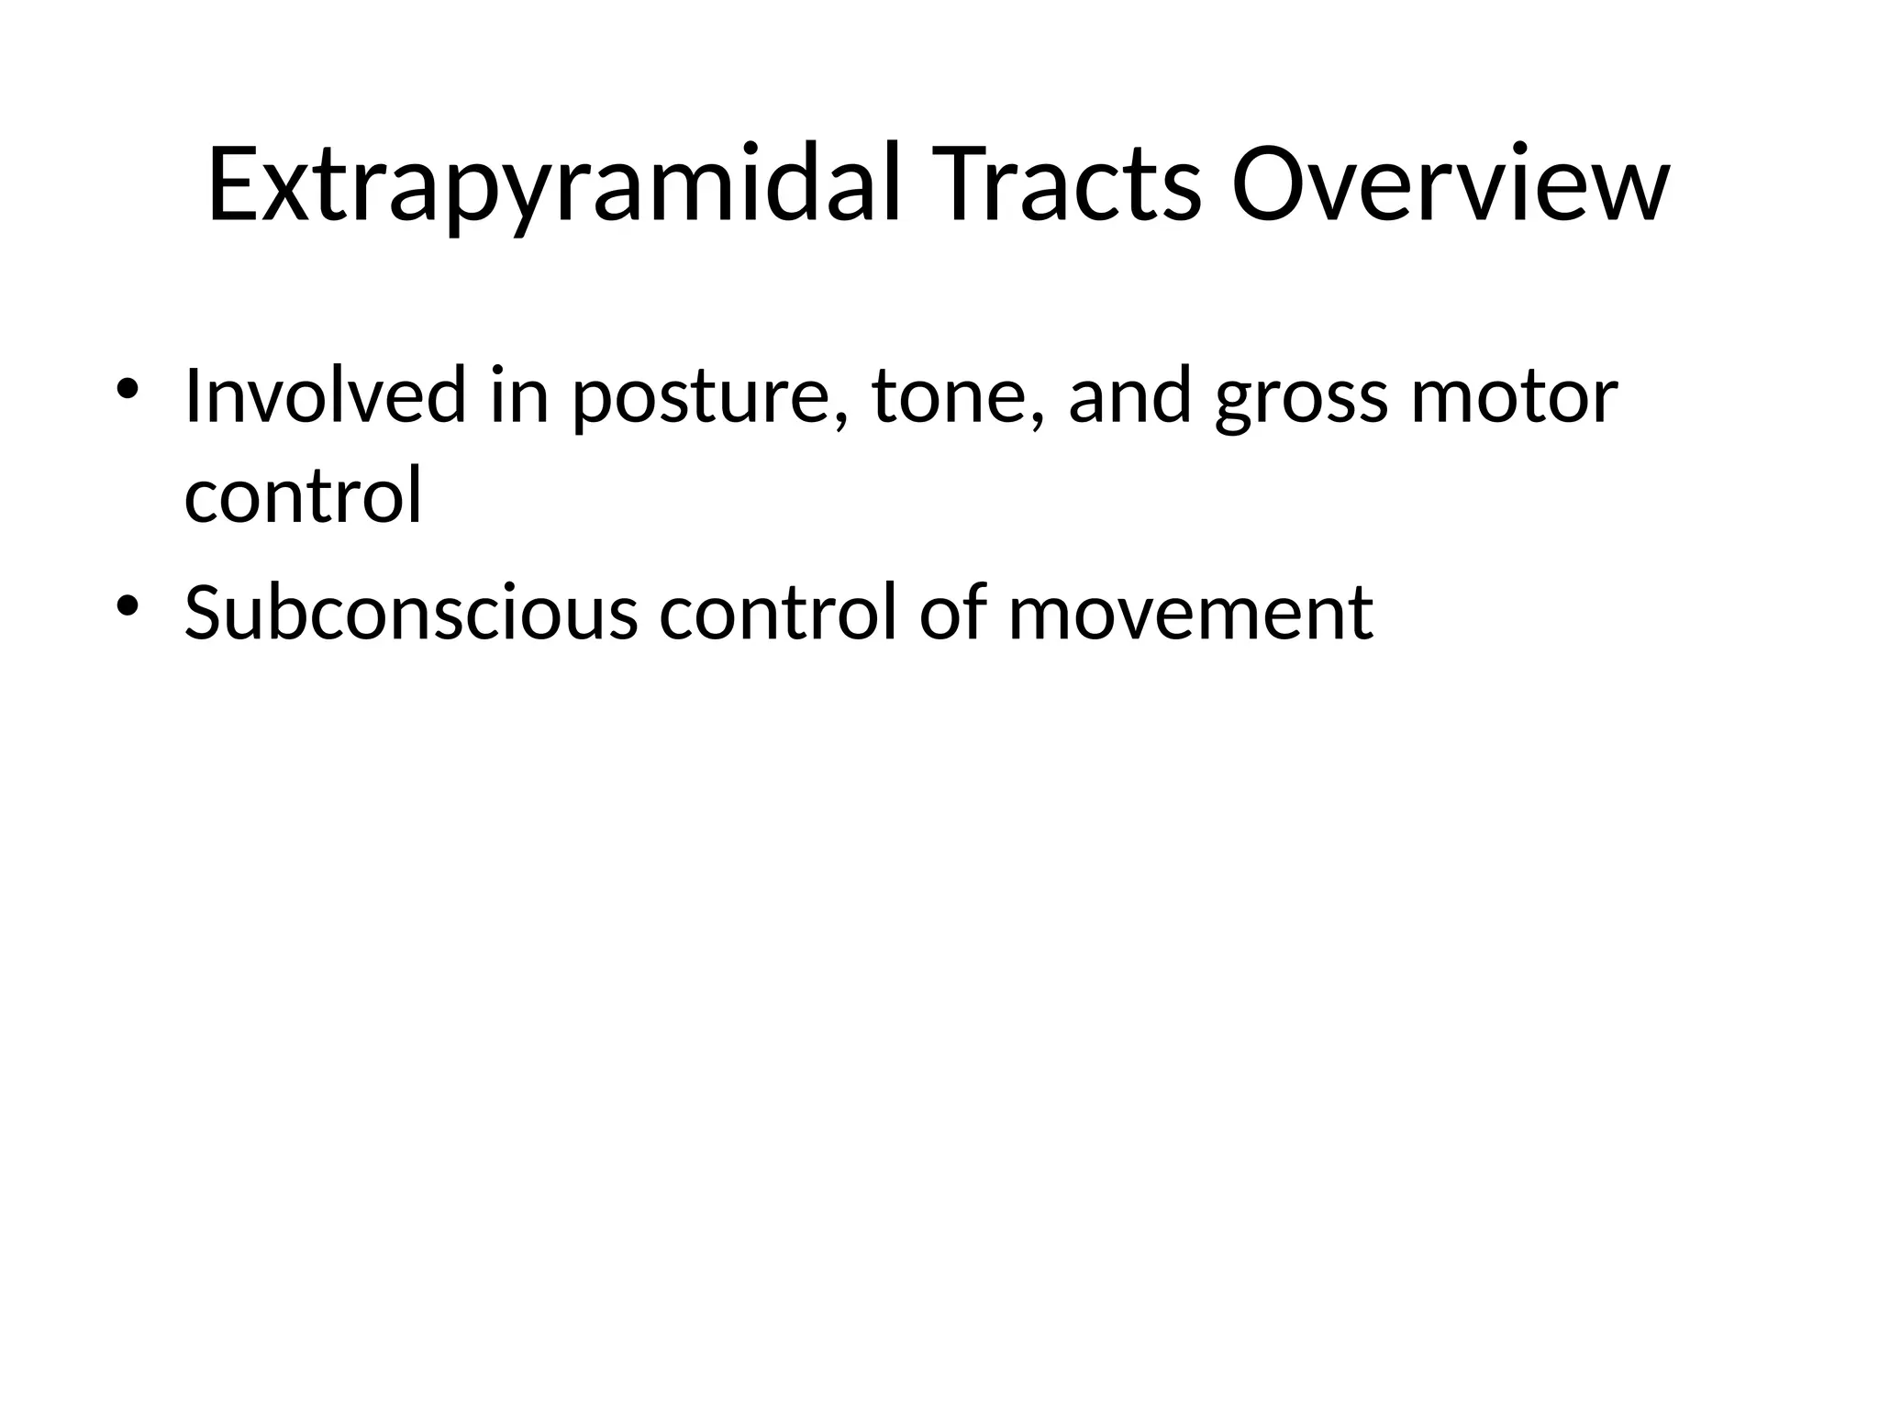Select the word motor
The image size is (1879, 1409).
point(1515,397)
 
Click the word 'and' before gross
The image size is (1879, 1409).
point(1130,395)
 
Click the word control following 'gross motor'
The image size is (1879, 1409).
point(303,495)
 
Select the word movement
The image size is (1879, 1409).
point(1190,614)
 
